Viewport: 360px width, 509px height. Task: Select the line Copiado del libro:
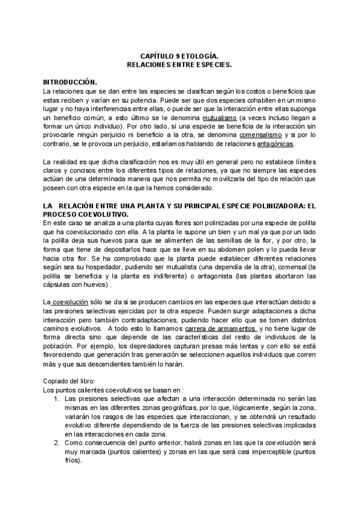pos(70,381)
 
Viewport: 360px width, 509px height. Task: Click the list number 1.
pos(56,399)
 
